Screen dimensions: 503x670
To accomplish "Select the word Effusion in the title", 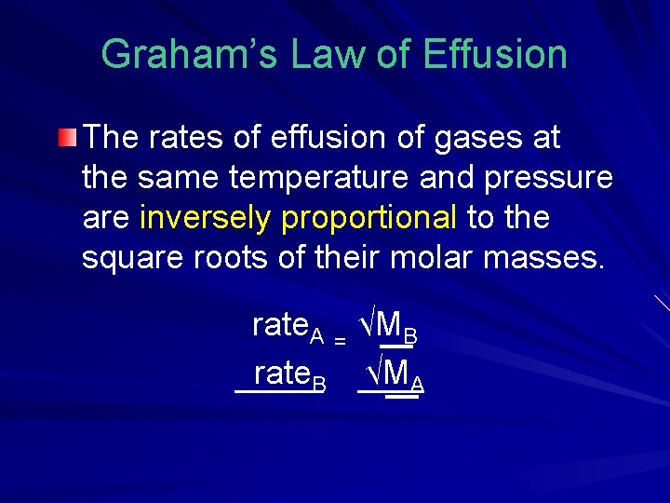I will pyautogui.click(x=494, y=54).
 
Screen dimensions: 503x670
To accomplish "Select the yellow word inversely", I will pyautogui.click(x=204, y=217).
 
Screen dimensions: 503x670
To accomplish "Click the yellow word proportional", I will pyautogui.click(x=369, y=217).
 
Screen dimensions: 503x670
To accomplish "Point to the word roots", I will pyautogui.click(x=236, y=257).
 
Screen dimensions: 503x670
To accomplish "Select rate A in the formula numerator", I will pyautogui.click(x=288, y=327).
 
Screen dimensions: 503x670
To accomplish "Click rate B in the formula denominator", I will pyautogui.click(x=289, y=375).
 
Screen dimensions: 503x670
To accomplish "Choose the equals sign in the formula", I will pyautogui.click(x=341, y=342).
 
